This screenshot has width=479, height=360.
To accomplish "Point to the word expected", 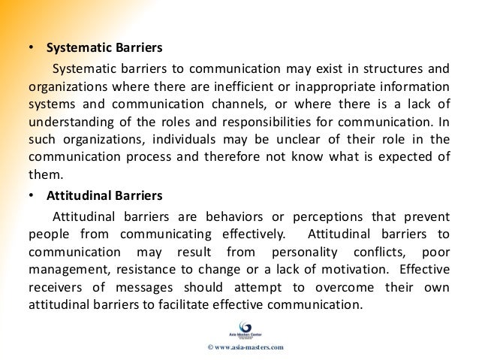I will point(404,157).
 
